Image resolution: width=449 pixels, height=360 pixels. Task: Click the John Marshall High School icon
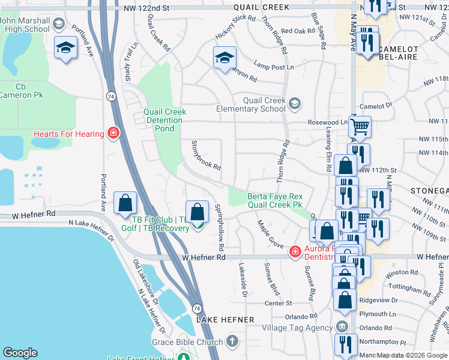[x=59, y=25]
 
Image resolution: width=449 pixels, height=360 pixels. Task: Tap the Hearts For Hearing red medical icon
[x=112, y=133]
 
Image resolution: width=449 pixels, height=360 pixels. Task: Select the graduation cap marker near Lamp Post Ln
[x=224, y=58]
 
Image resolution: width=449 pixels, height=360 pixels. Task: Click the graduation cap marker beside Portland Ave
[x=65, y=47]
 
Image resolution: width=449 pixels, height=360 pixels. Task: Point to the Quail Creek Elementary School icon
[x=294, y=104]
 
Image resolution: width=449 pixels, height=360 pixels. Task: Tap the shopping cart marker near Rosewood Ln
[x=360, y=127]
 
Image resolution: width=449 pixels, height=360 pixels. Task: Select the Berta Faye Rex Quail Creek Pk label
[x=275, y=200]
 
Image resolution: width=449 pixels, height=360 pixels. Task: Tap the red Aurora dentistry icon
[x=295, y=251]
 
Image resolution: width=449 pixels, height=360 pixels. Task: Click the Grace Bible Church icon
[x=232, y=342]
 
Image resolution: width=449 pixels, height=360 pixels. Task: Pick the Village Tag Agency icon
[x=342, y=328]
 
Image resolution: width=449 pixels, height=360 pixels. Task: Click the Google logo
[x=20, y=353]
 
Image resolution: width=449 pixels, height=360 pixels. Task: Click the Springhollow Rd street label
[x=218, y=227]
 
